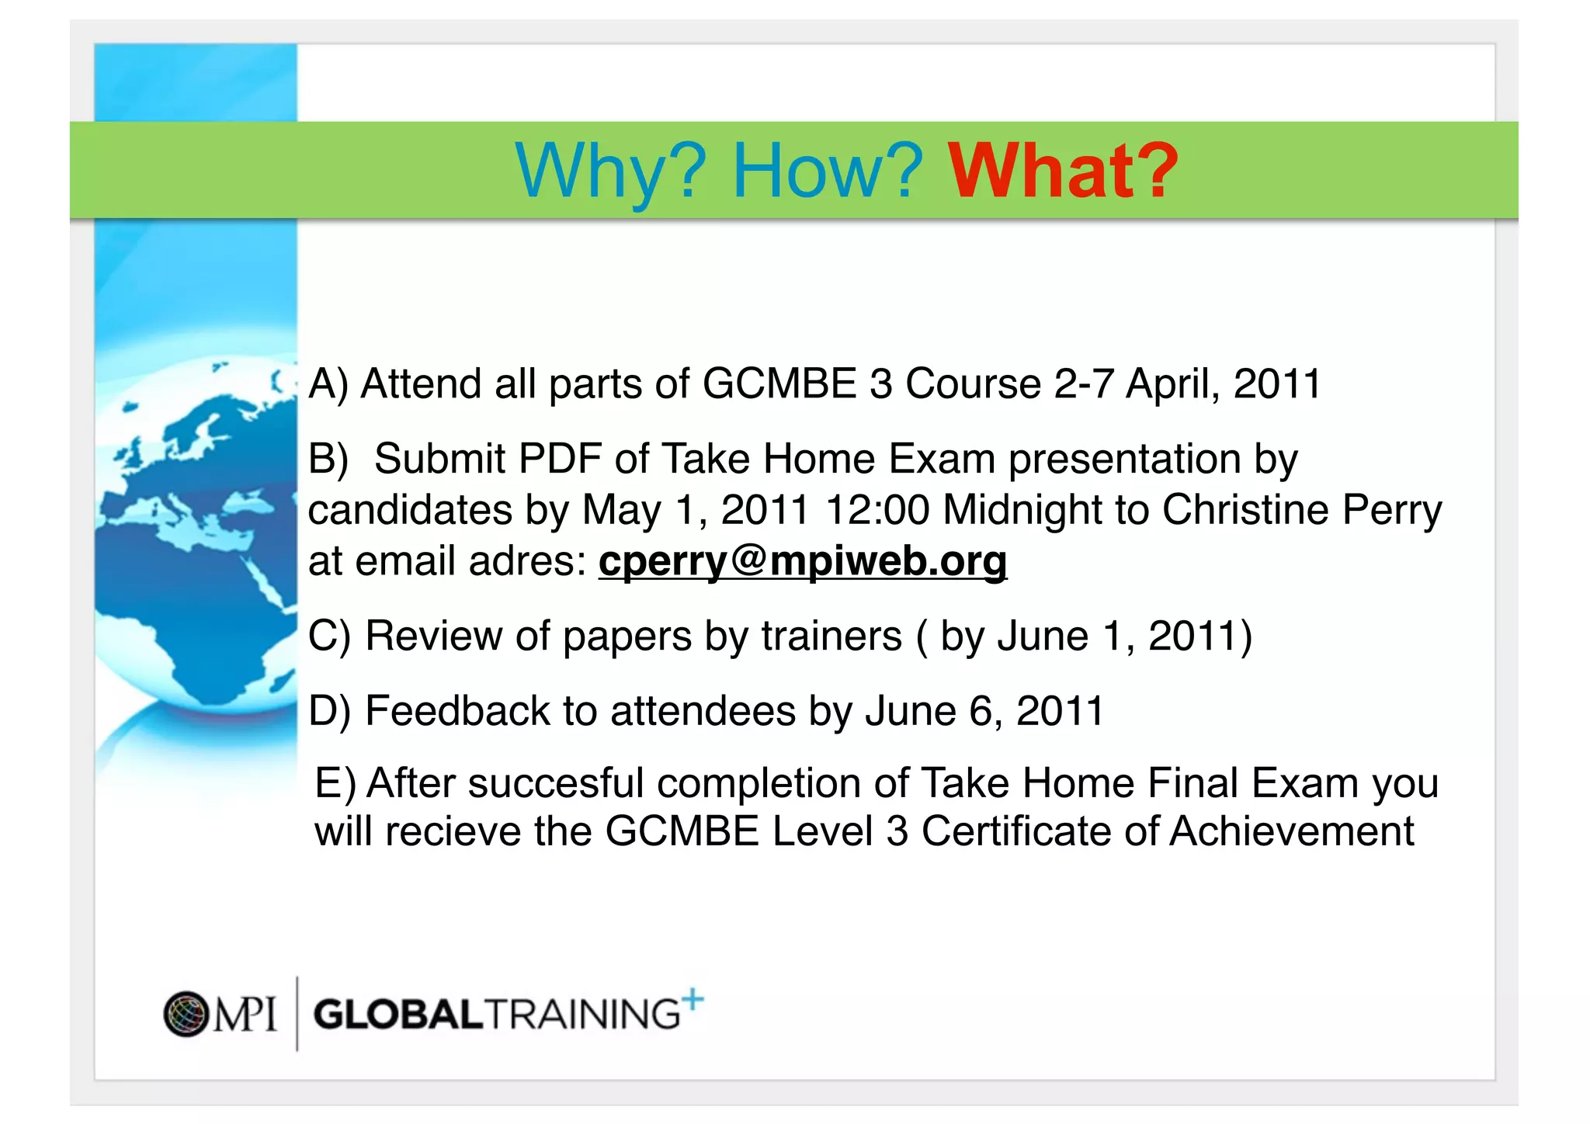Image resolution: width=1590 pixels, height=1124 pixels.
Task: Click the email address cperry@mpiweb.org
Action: coord(803,560)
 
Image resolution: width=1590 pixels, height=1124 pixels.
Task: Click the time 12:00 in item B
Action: coord(877,510)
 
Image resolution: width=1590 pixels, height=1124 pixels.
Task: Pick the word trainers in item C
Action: coord(831,637)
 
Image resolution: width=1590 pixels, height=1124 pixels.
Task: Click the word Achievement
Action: coord(1292,831)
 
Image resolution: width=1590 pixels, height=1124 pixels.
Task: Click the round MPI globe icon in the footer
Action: coord(186,1014)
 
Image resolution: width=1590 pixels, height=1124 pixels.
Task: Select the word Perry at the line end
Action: coord(1391,510)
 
